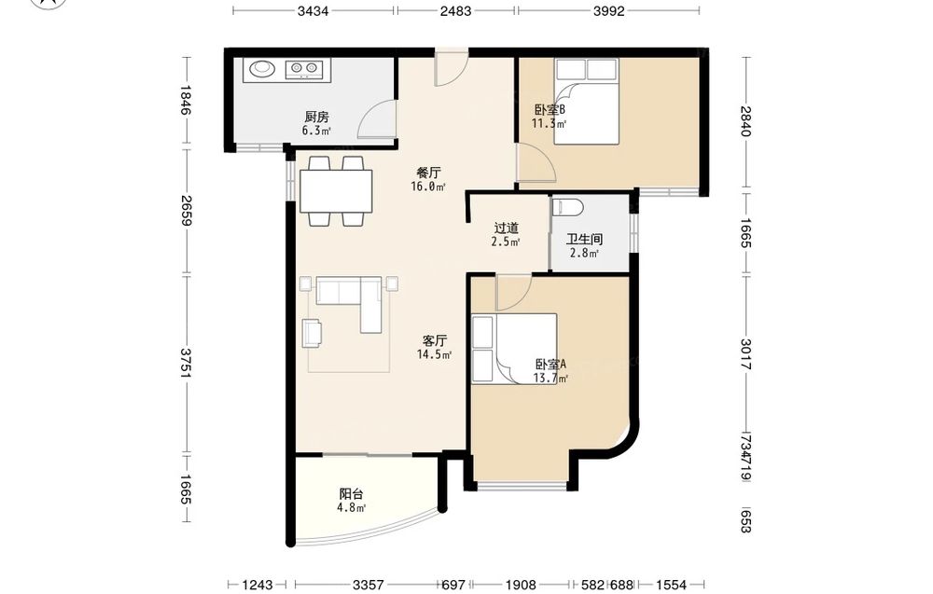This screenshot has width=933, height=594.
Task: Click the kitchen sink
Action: (262, 69)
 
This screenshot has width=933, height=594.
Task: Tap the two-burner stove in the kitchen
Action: (303, 70)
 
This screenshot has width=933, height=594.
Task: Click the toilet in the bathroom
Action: (568, 208)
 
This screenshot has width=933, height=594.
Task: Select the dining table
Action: (336, 191)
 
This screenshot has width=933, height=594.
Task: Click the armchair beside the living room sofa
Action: (313, 333)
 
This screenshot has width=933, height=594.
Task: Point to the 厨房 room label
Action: (316, 117)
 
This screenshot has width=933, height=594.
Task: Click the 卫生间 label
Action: (584, 239)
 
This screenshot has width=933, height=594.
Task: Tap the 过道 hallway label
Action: (507, 228)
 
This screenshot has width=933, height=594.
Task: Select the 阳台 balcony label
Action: (351, 494)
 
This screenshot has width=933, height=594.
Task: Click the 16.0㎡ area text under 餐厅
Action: (428, 186)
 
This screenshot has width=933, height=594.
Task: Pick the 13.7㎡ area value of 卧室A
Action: (550, 379)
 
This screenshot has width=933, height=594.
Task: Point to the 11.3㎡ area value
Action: (549, 124)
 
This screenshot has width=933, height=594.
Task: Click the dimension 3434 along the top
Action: (313, 10)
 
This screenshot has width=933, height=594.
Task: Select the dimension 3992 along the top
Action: (608, 10)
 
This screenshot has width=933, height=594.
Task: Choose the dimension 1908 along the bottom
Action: (521, 585)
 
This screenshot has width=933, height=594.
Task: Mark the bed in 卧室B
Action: (587, 101)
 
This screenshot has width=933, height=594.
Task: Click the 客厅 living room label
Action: (435, 340)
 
